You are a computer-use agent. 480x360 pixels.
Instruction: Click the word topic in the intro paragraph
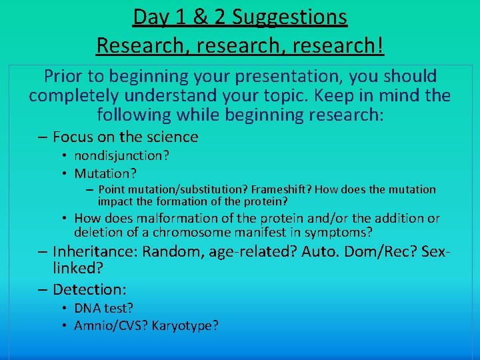311,95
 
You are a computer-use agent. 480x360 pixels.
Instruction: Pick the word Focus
73,137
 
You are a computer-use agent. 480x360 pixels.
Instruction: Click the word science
172,137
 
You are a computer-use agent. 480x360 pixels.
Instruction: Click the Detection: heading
89,289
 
